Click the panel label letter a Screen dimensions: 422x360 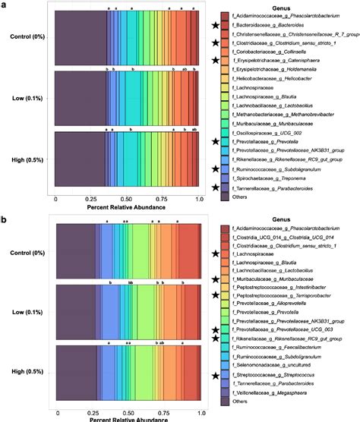point(5,5)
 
